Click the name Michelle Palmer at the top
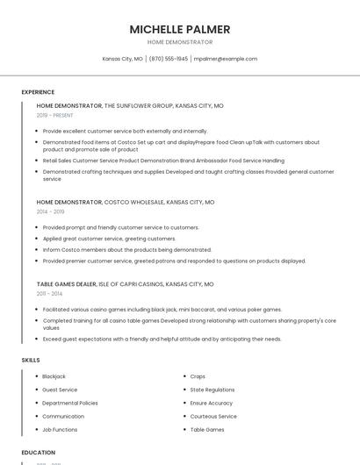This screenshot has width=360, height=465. pos(180,29)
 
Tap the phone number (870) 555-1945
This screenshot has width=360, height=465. pos(168,59)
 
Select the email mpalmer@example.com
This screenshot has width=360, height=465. pos(225,59)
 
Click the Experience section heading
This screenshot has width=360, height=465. pos(38,92)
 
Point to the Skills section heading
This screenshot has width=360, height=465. pos(31,360)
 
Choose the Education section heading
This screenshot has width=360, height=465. pos(39,452)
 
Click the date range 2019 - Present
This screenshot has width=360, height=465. pos(55,115)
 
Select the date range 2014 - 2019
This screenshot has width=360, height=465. pos(50,211)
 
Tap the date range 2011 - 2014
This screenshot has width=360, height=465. pos(50,294)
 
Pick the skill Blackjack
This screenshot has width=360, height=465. pos(54,376)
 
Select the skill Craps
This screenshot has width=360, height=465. pos(198,376)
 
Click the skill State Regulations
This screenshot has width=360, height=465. pos(212,390)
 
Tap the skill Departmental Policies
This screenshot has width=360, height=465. pos(70,403)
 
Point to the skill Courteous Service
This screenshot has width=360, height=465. pos(213,416)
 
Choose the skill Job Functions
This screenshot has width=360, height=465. pos(60,430)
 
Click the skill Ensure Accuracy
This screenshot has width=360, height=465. pos(212,403)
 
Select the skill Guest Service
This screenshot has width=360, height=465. pos(60,390)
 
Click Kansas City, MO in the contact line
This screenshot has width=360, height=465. pos(122,59)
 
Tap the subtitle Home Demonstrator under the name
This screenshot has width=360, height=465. pos(180,42)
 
